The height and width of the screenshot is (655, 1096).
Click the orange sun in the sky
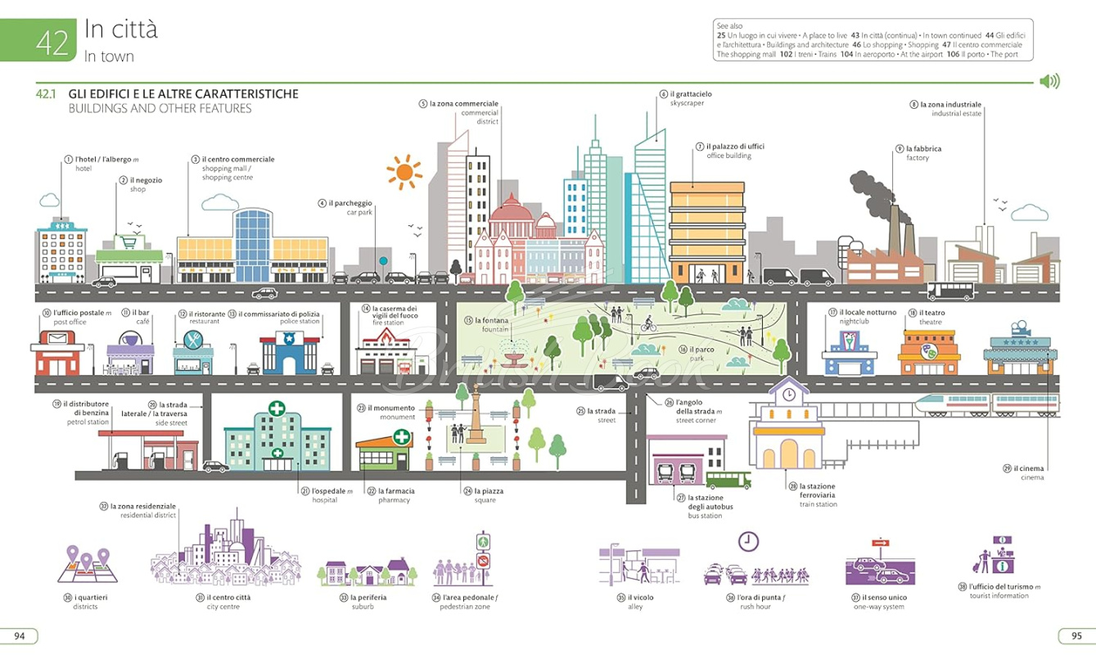[404, 172]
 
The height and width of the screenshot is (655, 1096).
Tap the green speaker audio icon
[1049, 81]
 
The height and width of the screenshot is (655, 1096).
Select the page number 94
[20, 635]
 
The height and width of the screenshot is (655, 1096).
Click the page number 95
[1076, 635]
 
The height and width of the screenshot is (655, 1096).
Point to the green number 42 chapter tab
[38, 40]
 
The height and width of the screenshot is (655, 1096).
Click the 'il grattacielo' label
[691, 93]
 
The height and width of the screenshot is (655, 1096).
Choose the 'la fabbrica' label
[923, 148]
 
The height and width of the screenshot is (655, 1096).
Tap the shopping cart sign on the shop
[129, 242]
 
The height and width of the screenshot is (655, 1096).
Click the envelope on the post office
[57, 338]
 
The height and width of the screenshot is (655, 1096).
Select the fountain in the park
[512, 354]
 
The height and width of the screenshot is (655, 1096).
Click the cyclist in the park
[649, 324]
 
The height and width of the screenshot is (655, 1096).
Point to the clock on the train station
[789, 395]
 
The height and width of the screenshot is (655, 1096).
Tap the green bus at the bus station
[728, 480]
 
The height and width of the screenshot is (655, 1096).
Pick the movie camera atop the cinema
[1020, 327]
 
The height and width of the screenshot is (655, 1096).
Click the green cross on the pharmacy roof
[402, 436]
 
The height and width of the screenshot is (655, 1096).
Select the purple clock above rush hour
[748, 541]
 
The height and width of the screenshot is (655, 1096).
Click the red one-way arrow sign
[880, 543]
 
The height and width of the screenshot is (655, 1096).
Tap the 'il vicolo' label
[640, 597]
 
